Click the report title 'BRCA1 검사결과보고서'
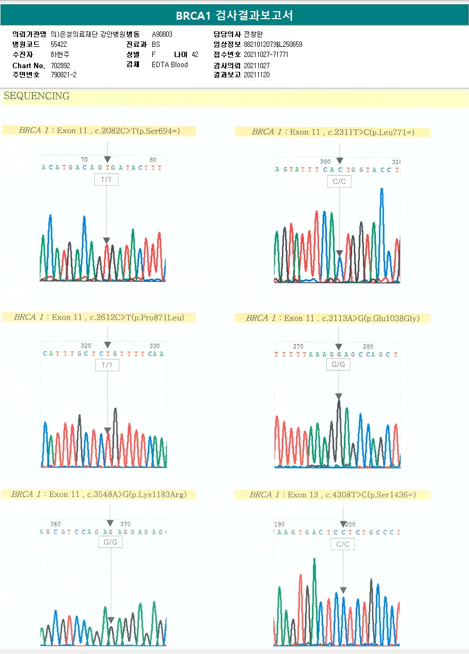[234, 15]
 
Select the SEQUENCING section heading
[36, 96]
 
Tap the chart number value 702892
[60, 66]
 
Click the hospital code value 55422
[59, 44]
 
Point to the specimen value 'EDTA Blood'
[169, 65]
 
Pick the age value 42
[195, 55]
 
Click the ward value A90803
[162, 34]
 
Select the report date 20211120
[257, 75]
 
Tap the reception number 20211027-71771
[266, 55]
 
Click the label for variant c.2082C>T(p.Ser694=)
[99, 130]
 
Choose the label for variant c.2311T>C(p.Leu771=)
[333, 132]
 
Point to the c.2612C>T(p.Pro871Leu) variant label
[98, 317]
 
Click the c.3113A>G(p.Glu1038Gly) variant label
[333, 318]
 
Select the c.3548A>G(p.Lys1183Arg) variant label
[98, 495]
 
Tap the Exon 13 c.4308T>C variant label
[333, 495]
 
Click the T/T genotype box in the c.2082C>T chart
[106, 180]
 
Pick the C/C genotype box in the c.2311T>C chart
[339, 182]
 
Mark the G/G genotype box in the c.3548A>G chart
[110, 542]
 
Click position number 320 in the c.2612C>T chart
[86, 346]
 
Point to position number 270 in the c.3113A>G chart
[299, 347]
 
